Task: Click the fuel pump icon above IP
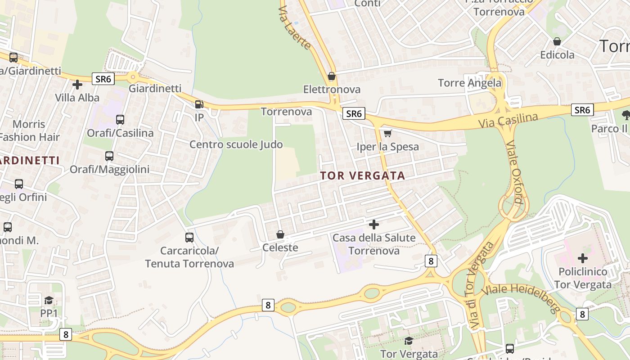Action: [199, 104]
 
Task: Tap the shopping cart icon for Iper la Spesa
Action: [387, 133]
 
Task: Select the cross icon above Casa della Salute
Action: [373, 224]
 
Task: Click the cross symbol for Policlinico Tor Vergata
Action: [583, 258]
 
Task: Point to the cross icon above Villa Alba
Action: [77, 84]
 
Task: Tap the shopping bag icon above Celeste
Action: [280, 234]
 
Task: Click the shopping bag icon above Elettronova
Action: [332, 76]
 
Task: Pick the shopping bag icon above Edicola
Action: [557, 41]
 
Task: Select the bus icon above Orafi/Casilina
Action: [120, 120]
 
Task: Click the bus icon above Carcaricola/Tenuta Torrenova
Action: [189, 237]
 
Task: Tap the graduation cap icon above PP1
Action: [49, 300]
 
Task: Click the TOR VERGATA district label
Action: [363, 176]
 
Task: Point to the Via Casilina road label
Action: [508, 120]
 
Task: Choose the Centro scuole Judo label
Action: [236, 144]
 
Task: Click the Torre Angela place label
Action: [469, 83]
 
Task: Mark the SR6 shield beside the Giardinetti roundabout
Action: [103, 79]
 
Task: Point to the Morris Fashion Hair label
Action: [29, 130]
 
